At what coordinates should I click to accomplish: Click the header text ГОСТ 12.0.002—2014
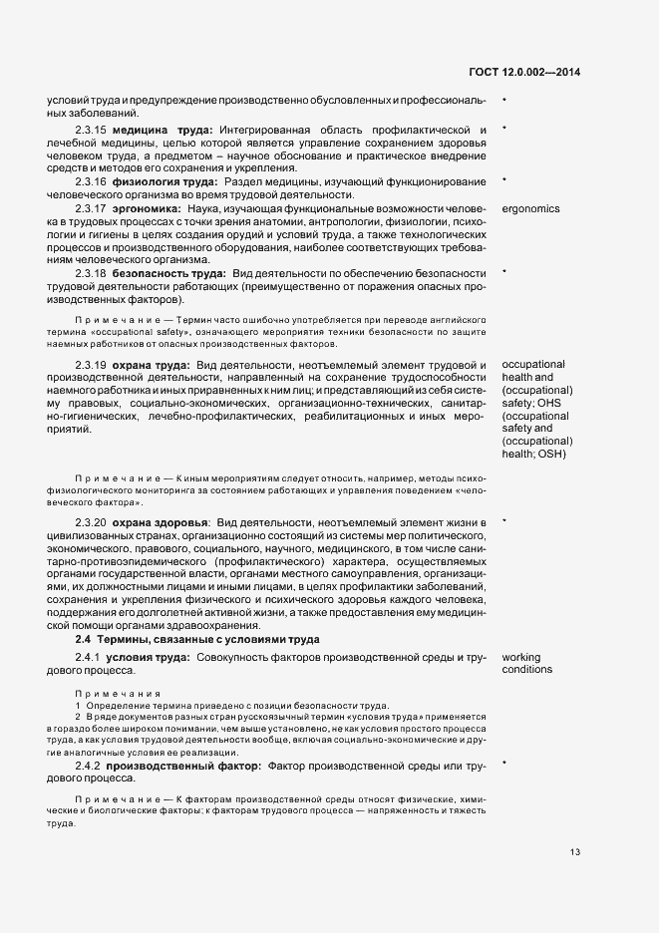pyautogui.click(x=523, y=72)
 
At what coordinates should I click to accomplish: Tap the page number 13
pyautogui.click(x=576, y=852)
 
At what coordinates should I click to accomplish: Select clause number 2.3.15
pyautogui.click(x=90, y=131)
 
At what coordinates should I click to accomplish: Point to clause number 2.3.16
pyautogui.click(x=90, y=182)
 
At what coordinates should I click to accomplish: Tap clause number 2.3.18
pyautogui.click(x=90, y=273)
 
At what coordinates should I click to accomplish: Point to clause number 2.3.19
pyautogui.click(x=90, y=365)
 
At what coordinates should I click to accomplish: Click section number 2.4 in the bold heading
pyautogui.click(x=83, y=638)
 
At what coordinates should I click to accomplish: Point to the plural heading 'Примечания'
pyautogui.click(x=104, y=693)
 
